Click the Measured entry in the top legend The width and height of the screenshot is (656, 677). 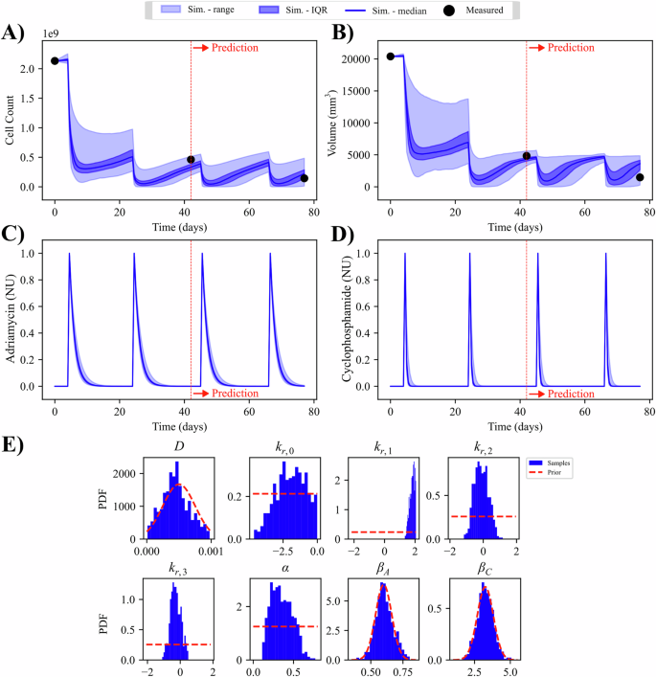(x=478, y=11)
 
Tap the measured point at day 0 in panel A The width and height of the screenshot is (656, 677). (x=55, y=61)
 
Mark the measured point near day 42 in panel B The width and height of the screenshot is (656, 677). (x=526, y=156)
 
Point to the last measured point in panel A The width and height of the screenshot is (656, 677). (x=304, y=178)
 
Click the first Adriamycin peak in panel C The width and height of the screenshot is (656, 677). (x=69, y=254)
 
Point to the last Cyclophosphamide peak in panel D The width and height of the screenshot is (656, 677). (x=605, y=254)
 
